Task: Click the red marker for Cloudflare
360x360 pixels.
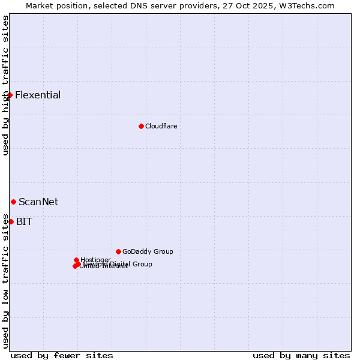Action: (x=141, y=126)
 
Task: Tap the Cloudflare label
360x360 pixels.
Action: (x=161, y=126)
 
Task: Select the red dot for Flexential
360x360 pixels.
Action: (x=10, y=95)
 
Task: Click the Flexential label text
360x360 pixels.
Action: (x=38, y=95)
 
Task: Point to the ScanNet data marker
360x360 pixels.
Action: (x=13, y=202)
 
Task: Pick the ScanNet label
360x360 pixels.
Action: (x=38, y=202)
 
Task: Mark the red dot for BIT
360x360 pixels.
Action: (x=11, y=221)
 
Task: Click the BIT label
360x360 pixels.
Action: (x=24, y=221)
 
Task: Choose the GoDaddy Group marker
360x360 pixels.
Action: (x=118, y=251)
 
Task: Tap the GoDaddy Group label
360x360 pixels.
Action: (x=148, y=251)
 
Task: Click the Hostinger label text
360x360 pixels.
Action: (x=95, y=260)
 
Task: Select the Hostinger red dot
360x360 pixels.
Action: (x=76, y=260)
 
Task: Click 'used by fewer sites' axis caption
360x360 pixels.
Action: (x=62, y=355)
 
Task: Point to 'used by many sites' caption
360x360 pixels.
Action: (x=301, y=355)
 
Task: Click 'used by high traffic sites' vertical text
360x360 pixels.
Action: (x=5, y=85)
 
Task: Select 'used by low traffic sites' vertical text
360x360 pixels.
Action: (x=5, y=281)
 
